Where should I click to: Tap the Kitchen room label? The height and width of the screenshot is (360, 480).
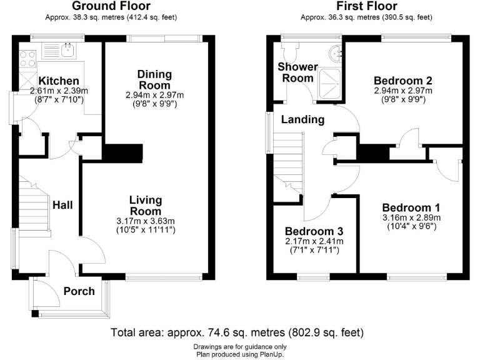point(58,81)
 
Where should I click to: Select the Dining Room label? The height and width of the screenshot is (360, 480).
point(154,80)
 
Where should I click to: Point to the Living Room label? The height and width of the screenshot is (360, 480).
point(146,206)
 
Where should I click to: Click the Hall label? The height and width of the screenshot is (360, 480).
point(63,205)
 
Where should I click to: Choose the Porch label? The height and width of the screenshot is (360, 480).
point(79,291)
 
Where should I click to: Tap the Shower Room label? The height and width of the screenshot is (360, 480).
point(298,72)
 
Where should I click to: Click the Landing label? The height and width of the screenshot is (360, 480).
point(302,119)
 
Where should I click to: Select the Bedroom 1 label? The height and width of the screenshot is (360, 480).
point(411,208)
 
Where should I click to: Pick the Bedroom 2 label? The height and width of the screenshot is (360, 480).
point(402,81)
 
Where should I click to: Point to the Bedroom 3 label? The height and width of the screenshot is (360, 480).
point(314,231)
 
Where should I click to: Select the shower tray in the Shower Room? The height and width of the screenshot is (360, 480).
point(332,84)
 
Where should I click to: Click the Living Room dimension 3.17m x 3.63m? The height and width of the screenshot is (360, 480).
point(146,221)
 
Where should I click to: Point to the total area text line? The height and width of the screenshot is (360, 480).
point(237,332)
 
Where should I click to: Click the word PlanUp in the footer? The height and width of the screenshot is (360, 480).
point(270,354)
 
